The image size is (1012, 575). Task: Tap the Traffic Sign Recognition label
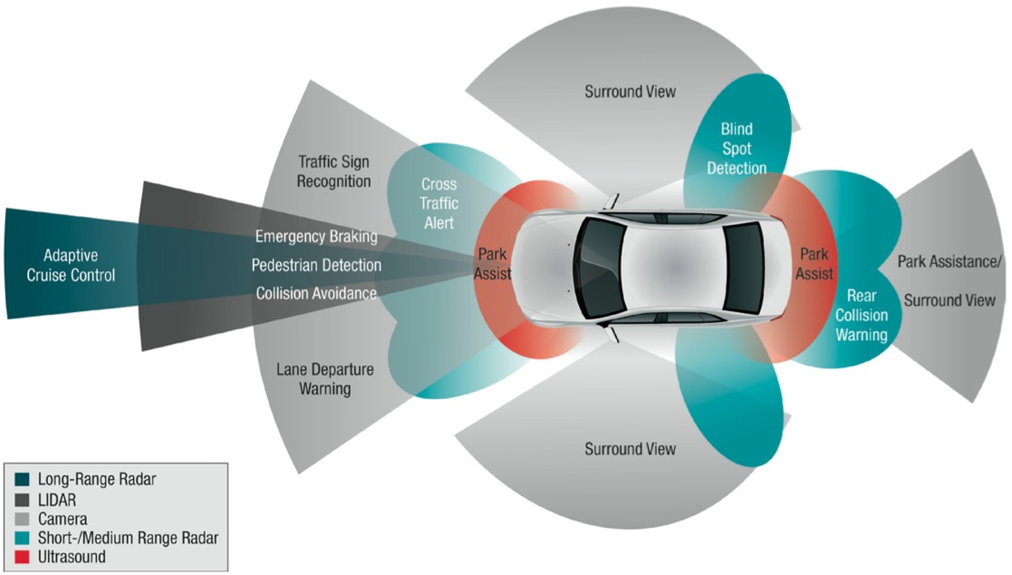pyautogui.click(x=335, y=171)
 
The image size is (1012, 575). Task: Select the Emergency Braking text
pyautogui.click(x=316, y=237)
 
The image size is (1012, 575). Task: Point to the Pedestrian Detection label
pyautogui.click(x=316, y=266)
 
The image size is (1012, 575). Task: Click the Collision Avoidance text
pyautogui.click(x=316, y=293)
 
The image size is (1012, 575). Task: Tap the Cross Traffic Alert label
pyautogui.click(x=439, y=203)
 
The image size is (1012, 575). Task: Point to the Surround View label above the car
pyautogui.click(x=630, y=92)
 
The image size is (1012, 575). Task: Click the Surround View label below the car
pyautogui.click(x=630, y=449)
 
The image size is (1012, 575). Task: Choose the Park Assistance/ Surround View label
pyautogui.click(x=950, y=280)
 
